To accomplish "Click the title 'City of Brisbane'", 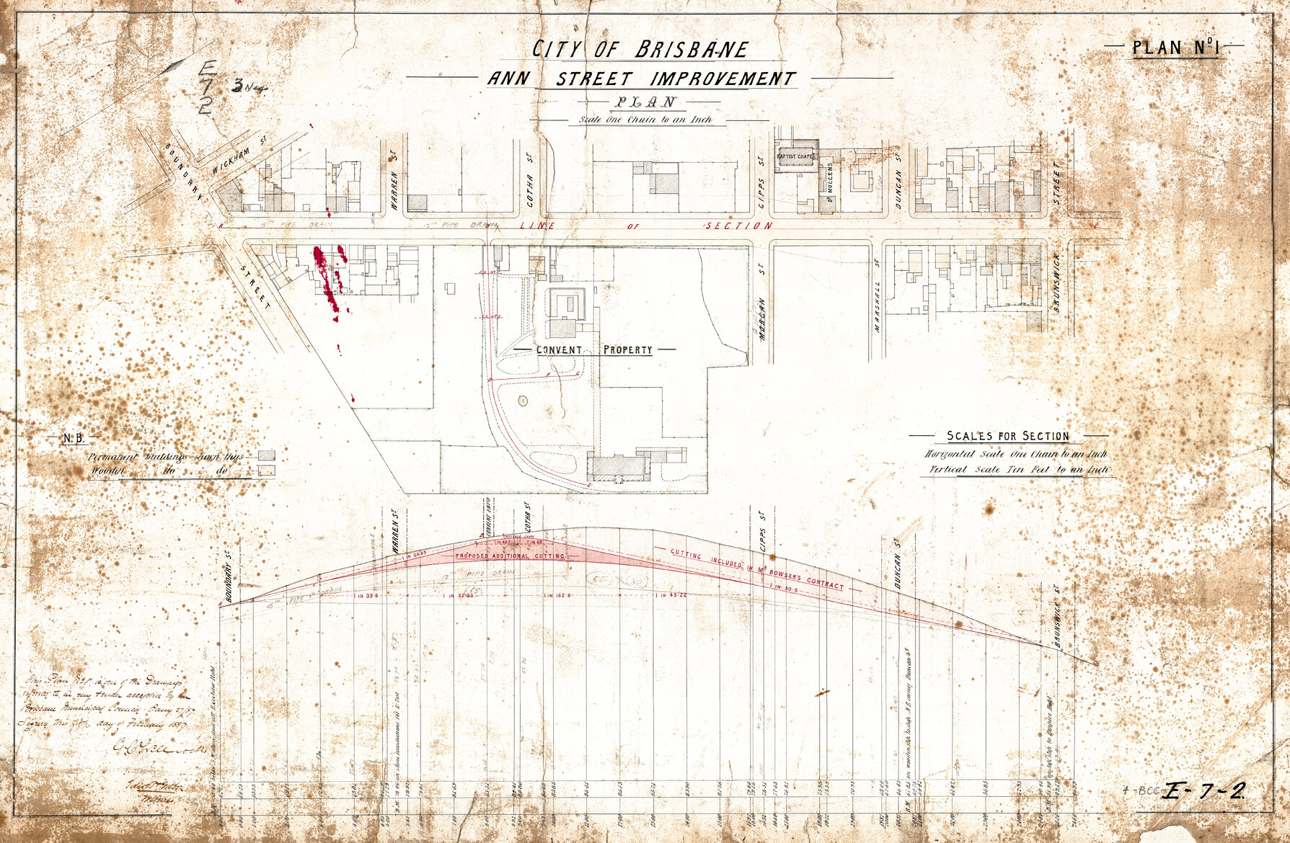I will coord(640,50).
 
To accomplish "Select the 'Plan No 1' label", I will coord(1175,48).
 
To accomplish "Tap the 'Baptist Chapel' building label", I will coord(796,156).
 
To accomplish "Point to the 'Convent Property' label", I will coord(594,350).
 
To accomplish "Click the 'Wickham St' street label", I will coord(235,159).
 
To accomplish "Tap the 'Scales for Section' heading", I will coord(1008,436).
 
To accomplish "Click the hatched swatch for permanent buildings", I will coord(267,456).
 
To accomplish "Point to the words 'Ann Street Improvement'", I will coord(641,79).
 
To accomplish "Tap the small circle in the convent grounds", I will coord(522,400).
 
